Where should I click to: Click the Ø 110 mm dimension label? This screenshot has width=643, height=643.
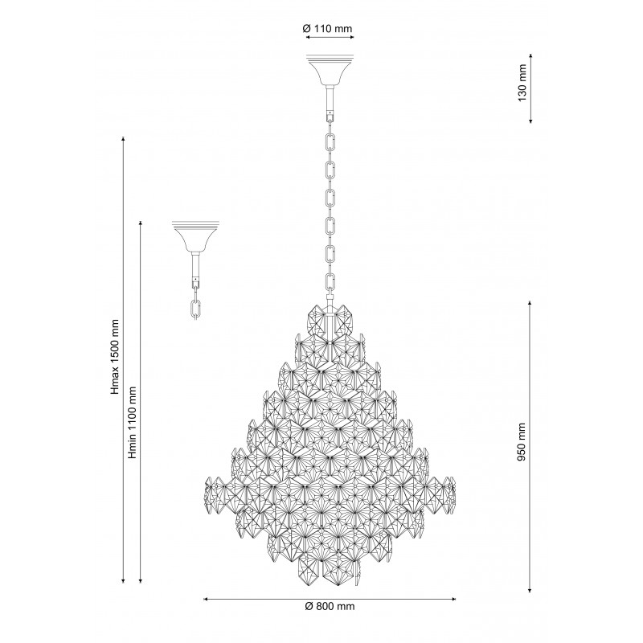(x=327, y=29)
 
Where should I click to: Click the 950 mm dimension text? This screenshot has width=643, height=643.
(x=521, y=441)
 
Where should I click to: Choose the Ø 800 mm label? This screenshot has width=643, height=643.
(x=330, y=607)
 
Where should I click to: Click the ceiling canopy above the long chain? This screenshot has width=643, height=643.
(x=330, y=70)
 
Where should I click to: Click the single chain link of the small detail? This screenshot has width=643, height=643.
(x=196, y=309)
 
